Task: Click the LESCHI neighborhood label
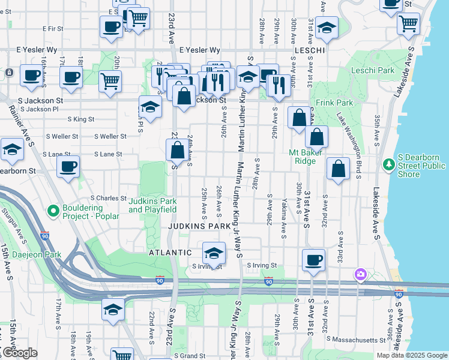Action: pos(310,50)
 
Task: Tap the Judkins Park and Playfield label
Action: pos(152,205)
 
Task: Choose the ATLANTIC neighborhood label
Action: pos(170,253)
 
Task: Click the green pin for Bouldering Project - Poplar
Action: pos(53,211)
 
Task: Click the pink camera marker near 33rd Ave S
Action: pos(360,274)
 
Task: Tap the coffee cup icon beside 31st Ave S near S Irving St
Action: pos(313,260)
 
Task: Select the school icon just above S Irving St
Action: pos(213,253)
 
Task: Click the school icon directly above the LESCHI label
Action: pos(326,27)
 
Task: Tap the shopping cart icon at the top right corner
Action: pos(408,23)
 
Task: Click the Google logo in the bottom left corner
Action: pos(20,353)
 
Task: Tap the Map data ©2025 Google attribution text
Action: pos(412,355)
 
